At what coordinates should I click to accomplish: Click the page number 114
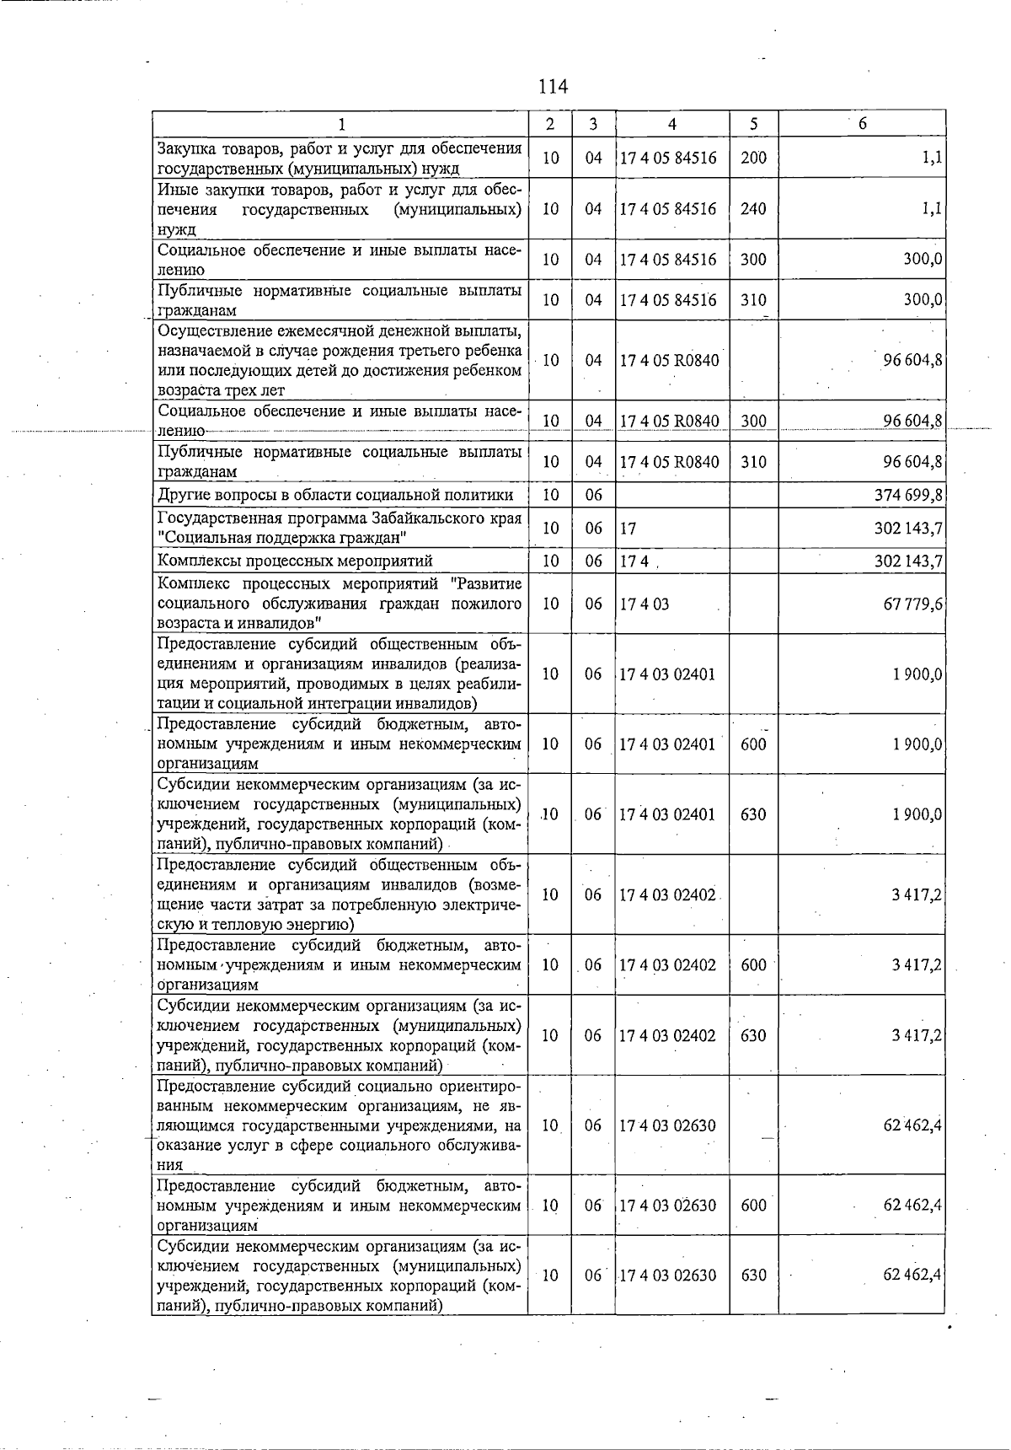point(553,86)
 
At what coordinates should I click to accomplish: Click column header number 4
point(671,124)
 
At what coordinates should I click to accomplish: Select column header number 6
point(862,124)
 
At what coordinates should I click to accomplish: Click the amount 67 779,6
point(912,604)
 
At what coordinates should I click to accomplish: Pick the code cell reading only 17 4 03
point(645,604)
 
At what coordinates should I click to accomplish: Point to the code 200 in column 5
point(753,158)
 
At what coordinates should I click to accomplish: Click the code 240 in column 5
point(753,208)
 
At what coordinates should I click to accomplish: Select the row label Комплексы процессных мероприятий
point(295,561)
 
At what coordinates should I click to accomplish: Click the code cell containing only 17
point(628,529)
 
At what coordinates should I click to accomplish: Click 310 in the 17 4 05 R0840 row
point(753,462)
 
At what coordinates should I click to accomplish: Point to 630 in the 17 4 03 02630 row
point(753,1275)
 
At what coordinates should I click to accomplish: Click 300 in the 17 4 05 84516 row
point(753,260)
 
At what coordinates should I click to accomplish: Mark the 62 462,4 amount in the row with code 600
point(912,1206)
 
